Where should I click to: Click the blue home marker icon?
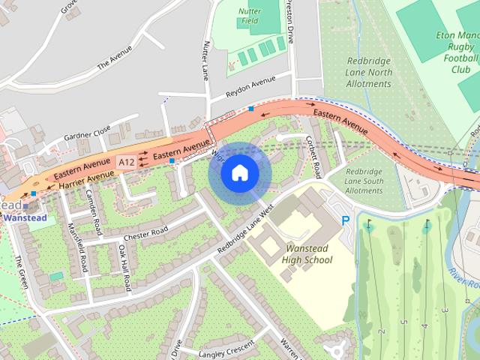click(239, 173)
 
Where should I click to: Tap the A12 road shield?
click(127, 161)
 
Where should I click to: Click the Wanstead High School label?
click(307, 253)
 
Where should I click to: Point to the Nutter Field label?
click(249, 16)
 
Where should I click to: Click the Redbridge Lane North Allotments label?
click(370, 73)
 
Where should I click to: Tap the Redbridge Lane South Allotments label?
click(364, 181)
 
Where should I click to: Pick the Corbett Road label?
click(315, 154)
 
